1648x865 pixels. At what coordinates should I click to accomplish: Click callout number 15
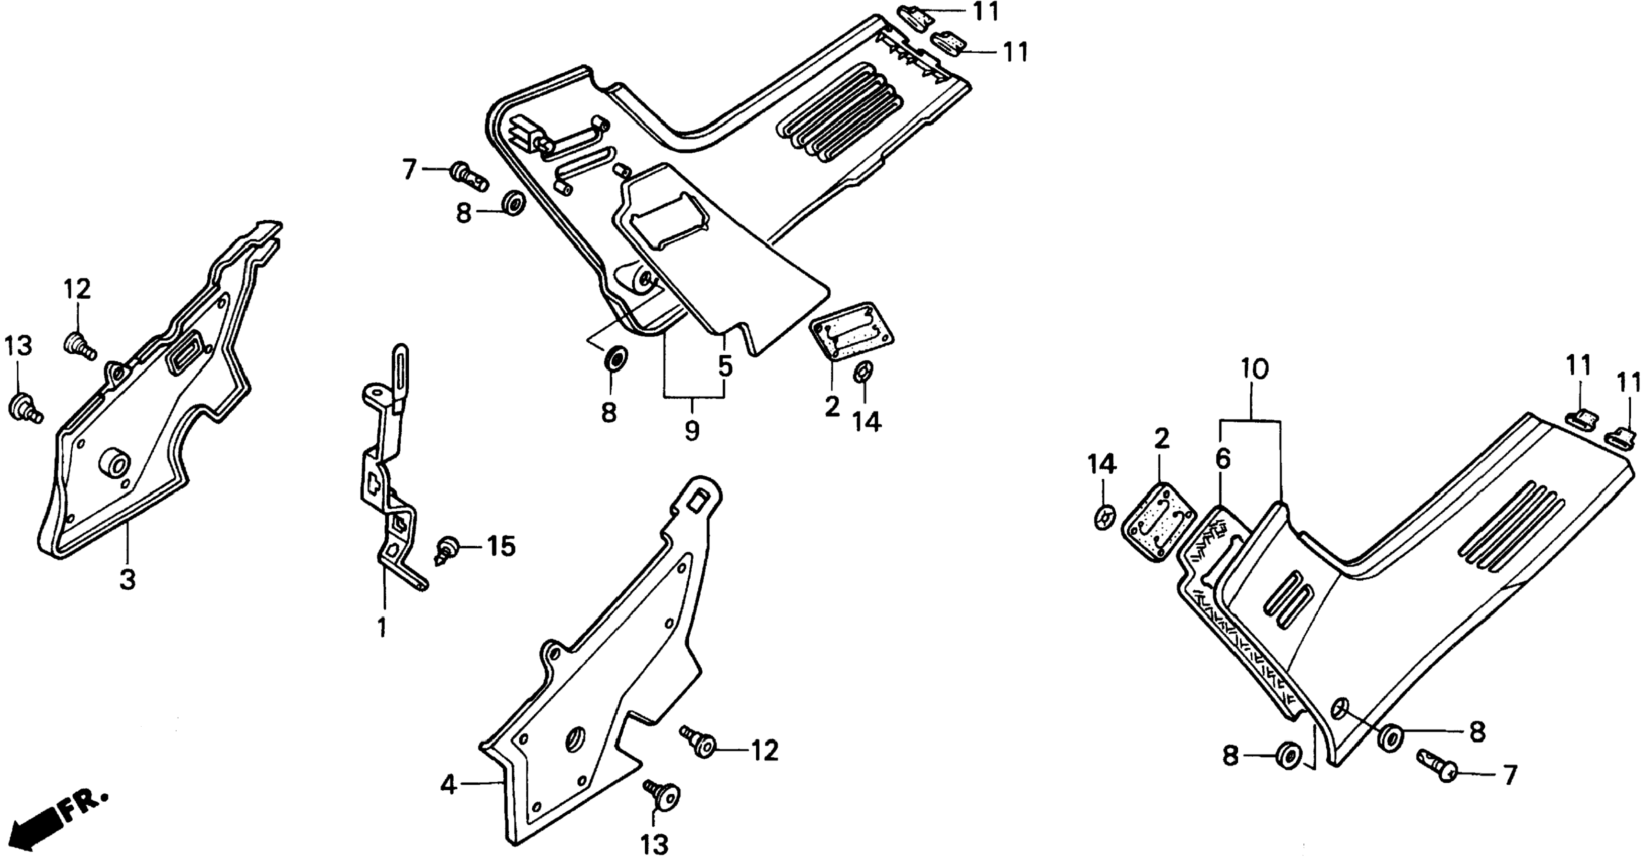[x=501, y=547]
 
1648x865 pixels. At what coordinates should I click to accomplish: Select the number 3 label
[x=128, y=580]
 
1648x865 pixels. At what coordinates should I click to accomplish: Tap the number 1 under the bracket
[x=382, y=627]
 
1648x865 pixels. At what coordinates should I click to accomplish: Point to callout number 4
[x=449, y=785]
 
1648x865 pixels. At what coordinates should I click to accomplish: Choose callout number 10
[x=1255, y=369]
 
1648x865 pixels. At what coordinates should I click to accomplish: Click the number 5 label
[x=725, y=367]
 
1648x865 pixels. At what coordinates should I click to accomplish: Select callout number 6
[x=1222, y=459]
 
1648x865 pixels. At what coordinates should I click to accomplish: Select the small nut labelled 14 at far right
[x=1104, y=517]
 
